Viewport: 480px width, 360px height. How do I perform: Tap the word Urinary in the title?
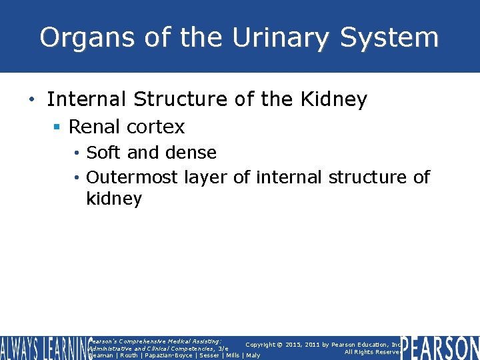coord(281,37)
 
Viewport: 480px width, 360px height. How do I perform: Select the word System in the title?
coord(389,37)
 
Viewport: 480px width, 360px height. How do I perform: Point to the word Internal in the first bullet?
coord(86,99)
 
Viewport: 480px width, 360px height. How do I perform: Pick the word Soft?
coord(104,153)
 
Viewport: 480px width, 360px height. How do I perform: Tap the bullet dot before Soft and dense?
coord(79,153)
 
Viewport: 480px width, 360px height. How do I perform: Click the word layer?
coord(205,177)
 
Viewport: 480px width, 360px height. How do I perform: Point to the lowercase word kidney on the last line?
coord(114,199)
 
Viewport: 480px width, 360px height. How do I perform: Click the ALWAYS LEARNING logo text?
coord(44,348)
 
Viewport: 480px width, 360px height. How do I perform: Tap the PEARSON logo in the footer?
coord(440,348)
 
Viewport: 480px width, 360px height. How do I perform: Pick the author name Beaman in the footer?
coord(102,355)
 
